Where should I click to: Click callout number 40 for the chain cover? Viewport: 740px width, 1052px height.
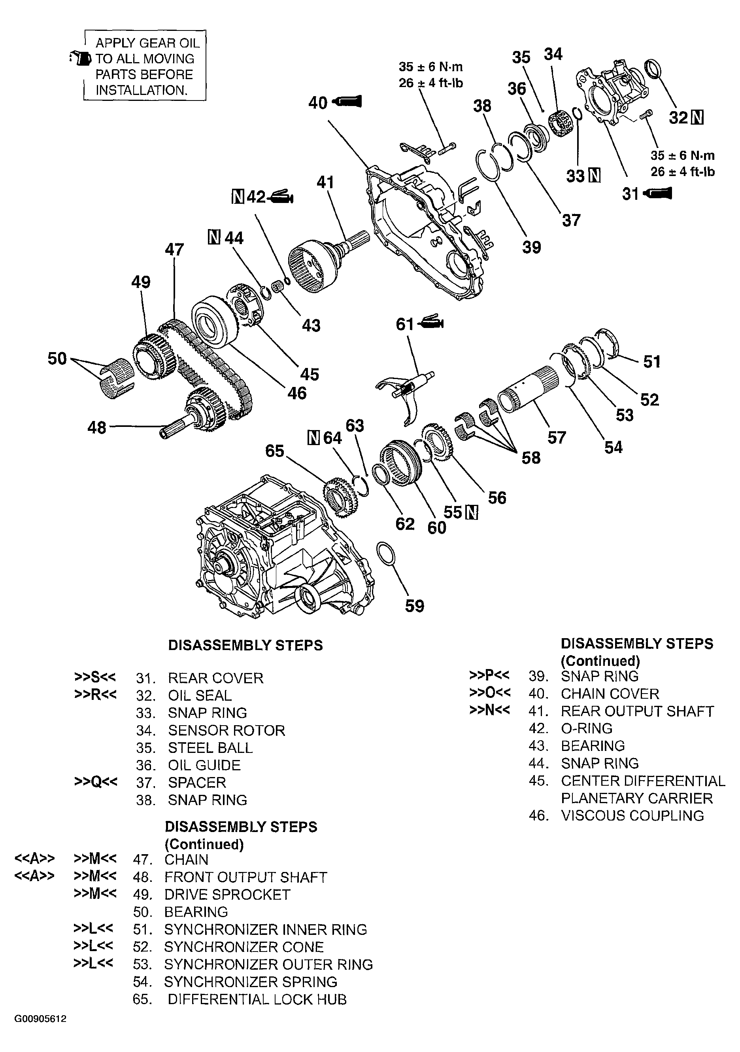tap(317, 102)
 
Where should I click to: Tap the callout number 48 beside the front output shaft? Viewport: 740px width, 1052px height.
tap(96, 428)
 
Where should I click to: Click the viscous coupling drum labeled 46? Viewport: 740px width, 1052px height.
tap(213, 320)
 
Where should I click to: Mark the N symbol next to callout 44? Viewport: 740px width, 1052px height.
tap(214, 237)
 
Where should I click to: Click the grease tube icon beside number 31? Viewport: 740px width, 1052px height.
tap(658, 193)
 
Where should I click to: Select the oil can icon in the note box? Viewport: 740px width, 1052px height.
tap(81, 58)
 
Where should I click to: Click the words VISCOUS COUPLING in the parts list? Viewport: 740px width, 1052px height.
tap(632, 815)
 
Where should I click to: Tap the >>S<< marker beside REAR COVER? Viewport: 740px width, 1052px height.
tap(95, 677)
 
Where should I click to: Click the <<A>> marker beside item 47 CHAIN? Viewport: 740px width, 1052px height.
tap(35, 858)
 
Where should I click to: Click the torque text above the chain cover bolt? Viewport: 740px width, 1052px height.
tap(430, 75)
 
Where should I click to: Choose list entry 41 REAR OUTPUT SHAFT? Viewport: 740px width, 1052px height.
tap(636, 711)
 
